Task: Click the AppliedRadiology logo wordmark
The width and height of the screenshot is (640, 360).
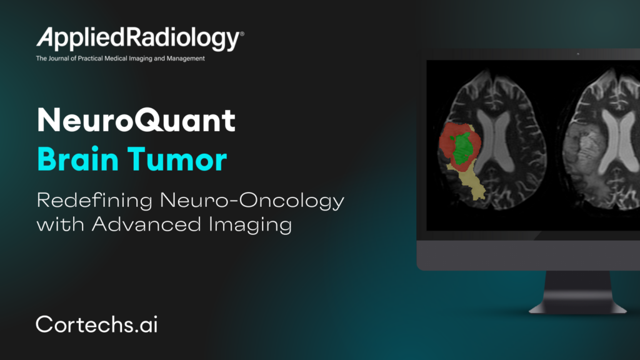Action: point(140,39)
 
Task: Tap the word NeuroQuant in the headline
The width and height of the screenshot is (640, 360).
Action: point(136,120)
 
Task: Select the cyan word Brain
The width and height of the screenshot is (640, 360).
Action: point(77,159)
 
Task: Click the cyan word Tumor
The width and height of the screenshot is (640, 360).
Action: point(177,159)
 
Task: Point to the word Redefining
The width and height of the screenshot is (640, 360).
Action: point(95,201)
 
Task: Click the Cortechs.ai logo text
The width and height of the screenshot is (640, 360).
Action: point(97,324)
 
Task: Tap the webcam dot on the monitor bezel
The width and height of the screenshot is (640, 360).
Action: point(578,54)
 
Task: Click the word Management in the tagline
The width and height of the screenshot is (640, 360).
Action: point(186,58)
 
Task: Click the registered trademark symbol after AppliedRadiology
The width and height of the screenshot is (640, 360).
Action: point(242,34)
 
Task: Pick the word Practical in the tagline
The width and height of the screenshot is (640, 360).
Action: point(90,58)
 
